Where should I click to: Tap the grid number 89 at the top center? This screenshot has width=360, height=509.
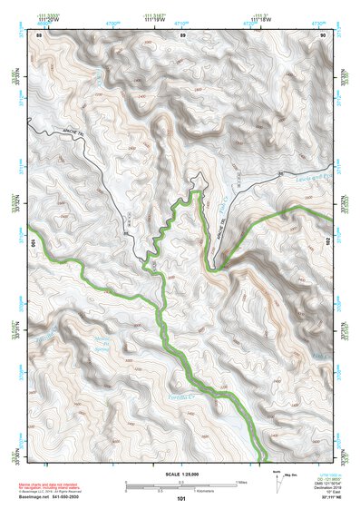[x=183, y=34]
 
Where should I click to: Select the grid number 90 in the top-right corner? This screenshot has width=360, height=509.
[x=323, y=34]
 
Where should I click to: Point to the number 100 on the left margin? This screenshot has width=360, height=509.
[x=34, y=243]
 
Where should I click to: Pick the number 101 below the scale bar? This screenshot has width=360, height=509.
[x=181, y=498]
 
